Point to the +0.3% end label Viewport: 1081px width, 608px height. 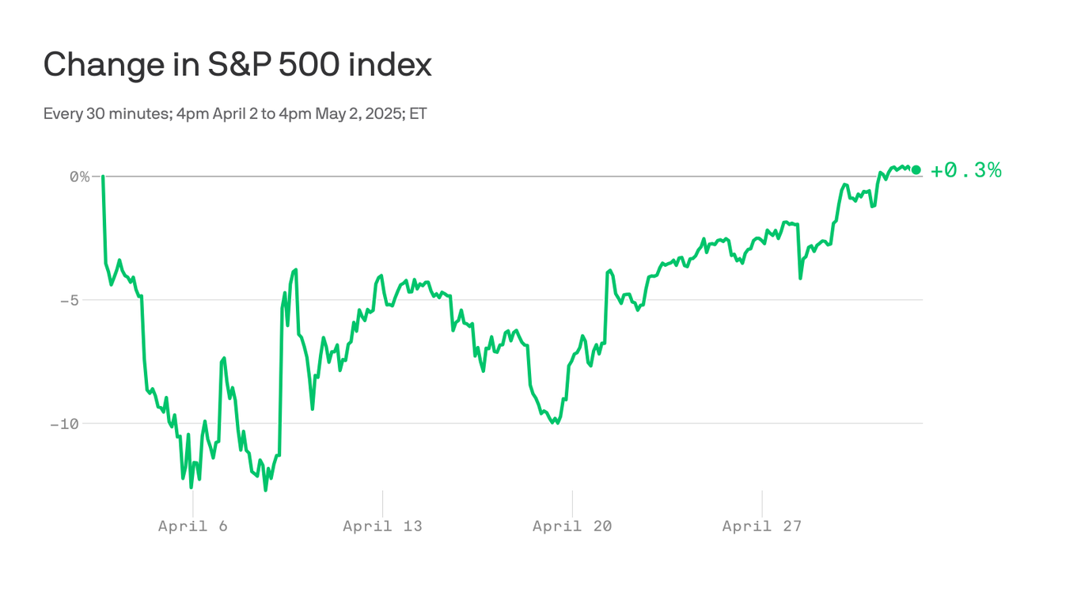[966, 170]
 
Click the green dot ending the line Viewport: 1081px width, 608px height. [916, 169]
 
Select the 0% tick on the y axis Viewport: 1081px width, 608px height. [79, 177]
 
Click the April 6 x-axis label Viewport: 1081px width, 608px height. [192, 526]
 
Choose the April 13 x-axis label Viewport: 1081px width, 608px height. [382, 526]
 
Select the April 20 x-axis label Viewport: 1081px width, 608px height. [572, 526]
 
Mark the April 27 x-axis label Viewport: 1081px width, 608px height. [762, 526]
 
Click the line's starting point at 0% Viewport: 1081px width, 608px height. [103, 177]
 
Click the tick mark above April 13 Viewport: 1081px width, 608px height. [382, 503]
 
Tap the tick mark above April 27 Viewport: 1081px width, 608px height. [762, 503]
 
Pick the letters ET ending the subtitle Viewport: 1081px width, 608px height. [418, 113]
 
